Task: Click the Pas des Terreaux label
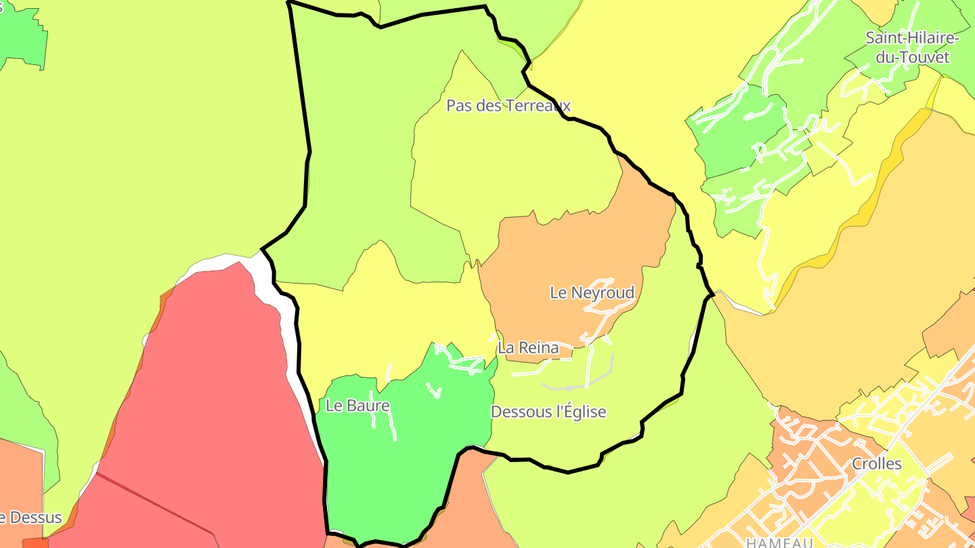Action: click(508, 106)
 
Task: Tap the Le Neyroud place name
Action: click(592, 293)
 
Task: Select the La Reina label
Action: click(528, 348)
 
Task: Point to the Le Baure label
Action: click(357, 406)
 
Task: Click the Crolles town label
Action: click(877, 464)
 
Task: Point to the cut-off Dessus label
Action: click(34, 519)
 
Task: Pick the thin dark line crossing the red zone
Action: click(156, 501)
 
